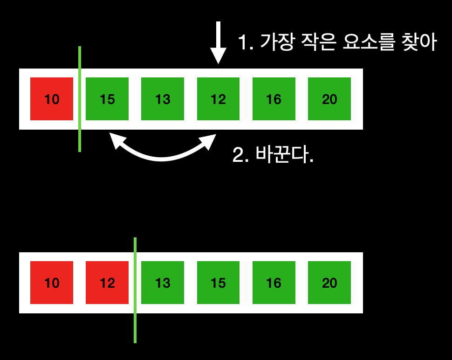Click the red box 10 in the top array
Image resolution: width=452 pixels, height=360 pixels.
tap(52, 99)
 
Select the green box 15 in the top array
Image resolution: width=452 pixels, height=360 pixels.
tap(107, 99)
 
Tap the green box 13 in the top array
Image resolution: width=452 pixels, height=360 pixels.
tap(163, 99)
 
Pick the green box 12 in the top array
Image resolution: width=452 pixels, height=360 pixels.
tap(218, 99)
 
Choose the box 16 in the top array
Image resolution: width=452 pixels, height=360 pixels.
tap(274, 99)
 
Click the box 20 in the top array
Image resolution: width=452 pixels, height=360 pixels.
tap(329, 99)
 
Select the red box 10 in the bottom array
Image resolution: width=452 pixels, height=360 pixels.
tap(52, 283)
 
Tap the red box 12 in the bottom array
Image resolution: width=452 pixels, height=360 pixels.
tap(107, 283)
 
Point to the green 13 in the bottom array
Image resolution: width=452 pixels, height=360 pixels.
tap(163, 283)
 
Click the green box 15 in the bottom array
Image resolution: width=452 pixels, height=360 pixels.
tap(218, 283)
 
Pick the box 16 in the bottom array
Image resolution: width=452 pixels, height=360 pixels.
tap(274, 283)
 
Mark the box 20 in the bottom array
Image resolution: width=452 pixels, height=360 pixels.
tap(329, 283)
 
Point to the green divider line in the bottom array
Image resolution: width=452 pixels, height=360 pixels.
tap(135, 326)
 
